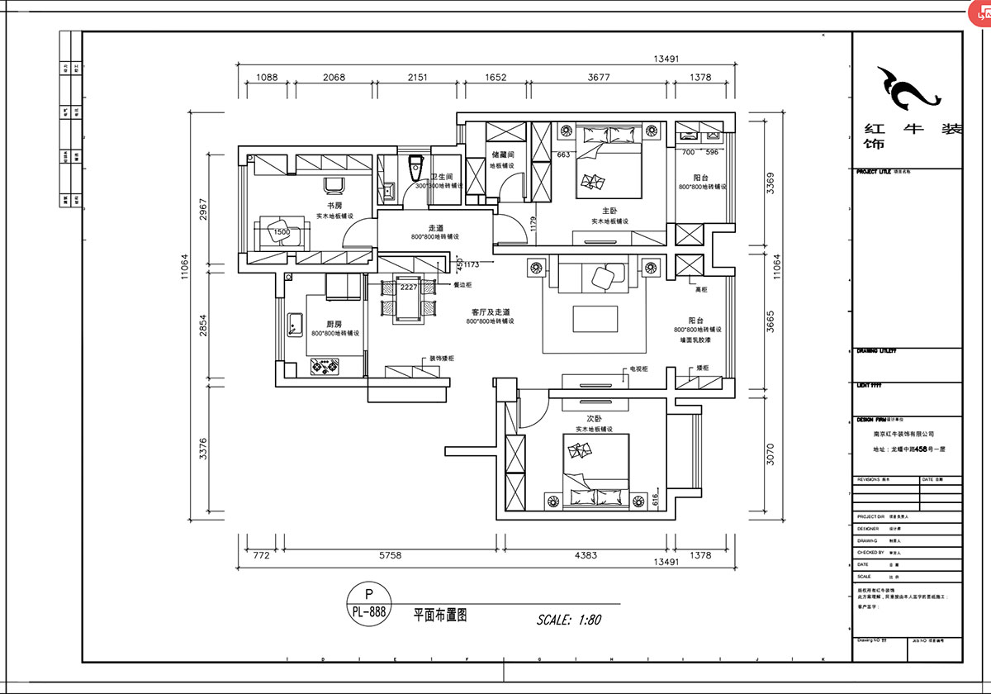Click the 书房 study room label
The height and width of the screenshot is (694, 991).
click(334, 205)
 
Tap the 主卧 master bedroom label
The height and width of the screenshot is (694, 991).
click(609, 211)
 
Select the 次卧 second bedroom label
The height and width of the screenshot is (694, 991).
click(594, 419)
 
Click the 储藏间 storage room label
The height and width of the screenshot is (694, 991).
click(503, 154)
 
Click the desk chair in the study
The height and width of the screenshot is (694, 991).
click(334, 186)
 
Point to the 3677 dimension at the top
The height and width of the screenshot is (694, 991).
click(599, 78)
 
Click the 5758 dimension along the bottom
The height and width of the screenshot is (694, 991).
click(390, 556)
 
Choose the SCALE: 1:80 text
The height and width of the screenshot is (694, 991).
click(568, 619)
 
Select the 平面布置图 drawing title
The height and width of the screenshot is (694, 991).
click(441, 616)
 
